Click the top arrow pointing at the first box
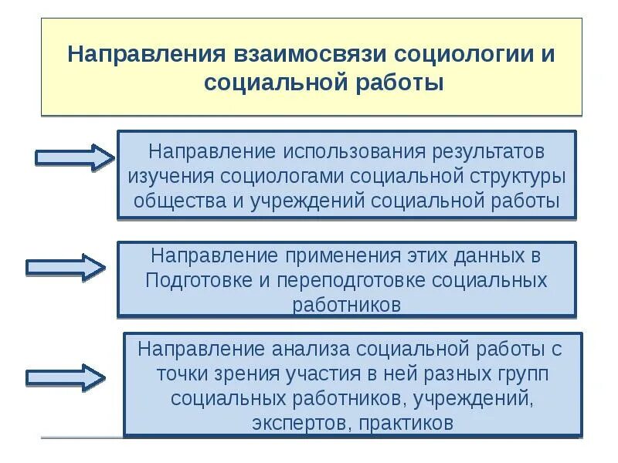click(74, 157)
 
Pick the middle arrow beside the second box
click(65, 266)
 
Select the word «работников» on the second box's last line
click(347, 304)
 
